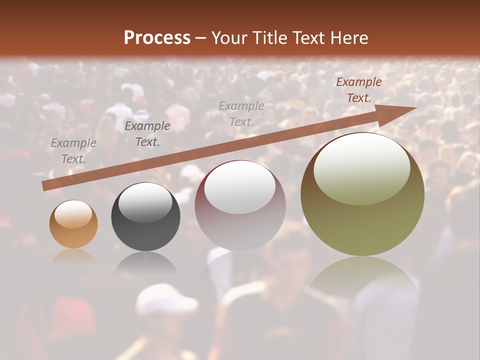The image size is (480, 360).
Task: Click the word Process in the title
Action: [x=157, y=38]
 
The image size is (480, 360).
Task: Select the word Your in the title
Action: [x=228, y=38]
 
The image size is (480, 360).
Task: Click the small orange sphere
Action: [x=73, y=224]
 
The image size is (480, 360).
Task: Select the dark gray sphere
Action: [x=145, y=217]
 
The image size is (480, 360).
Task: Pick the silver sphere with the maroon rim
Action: [x=240, y=206]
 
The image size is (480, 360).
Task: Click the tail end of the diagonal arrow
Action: [x=44, y=186]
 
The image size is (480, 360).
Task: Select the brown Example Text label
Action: [x=358, y=90]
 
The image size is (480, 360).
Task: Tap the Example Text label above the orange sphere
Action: [x=73, y=151]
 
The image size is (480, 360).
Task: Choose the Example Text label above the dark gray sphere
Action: [x=147, y=134]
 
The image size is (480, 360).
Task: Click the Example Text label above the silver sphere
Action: [x=241, y=113]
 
